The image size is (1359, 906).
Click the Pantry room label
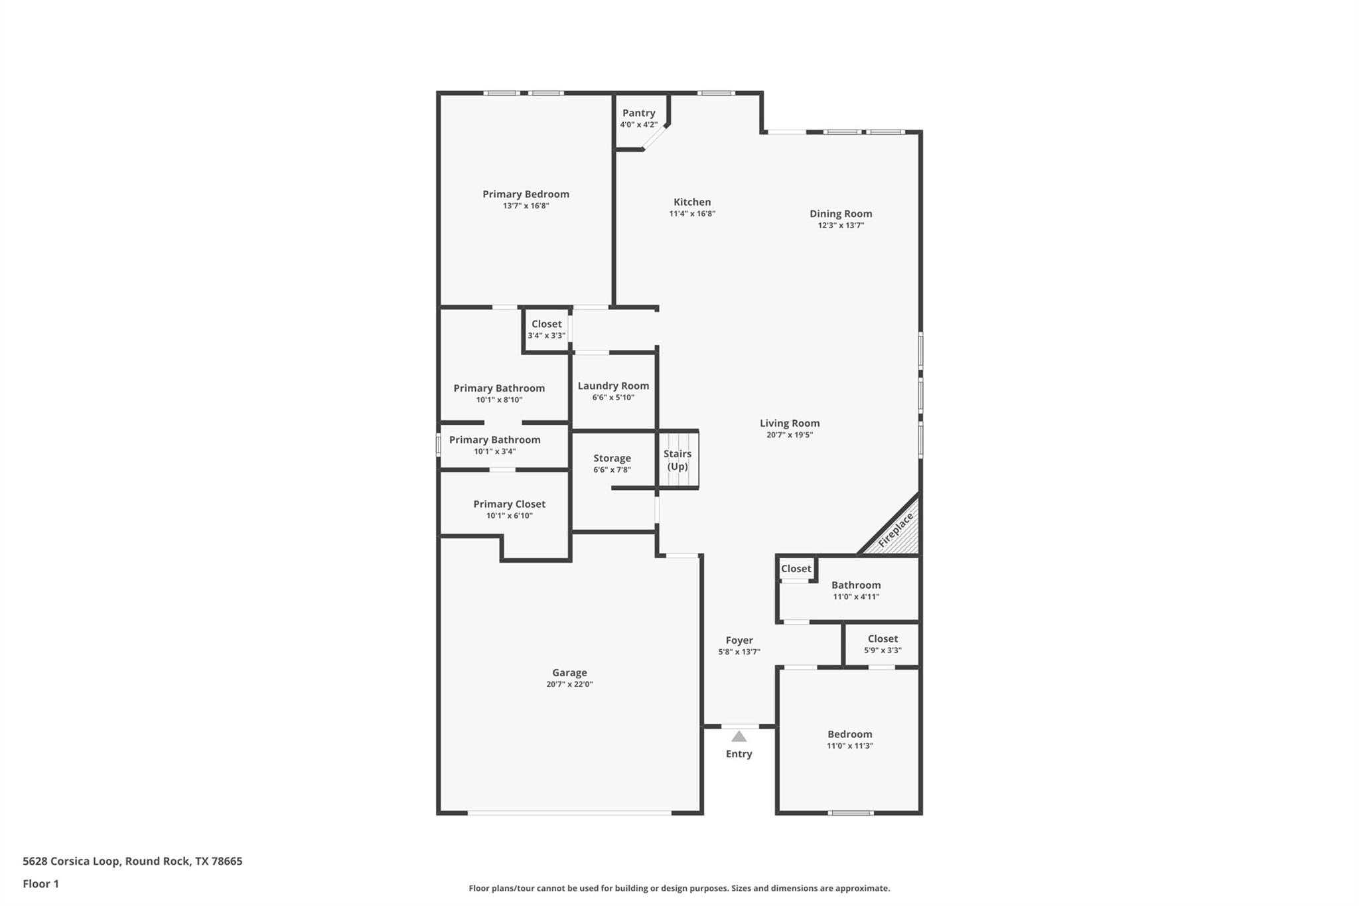coord(638,113)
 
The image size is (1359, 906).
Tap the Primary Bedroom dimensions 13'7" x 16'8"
coord(526,206)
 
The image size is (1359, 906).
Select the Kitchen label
coord(692,202)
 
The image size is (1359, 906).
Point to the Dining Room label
coord(841,214)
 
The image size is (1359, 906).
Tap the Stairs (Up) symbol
coord(678,459)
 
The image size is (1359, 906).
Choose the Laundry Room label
coord(613,386)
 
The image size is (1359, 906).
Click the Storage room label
coord(612,458)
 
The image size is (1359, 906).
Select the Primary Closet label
coord(509,504)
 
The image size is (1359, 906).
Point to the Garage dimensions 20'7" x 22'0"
coord(569,684)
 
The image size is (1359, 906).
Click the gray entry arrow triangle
coord(739,736)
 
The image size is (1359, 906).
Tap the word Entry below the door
coord(739,754)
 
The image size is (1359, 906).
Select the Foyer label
coord(739,641)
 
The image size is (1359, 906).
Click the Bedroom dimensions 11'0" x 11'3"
coord(849,746)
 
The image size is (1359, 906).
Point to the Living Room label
coord(790,423)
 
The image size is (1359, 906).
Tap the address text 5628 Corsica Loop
coord(72,862)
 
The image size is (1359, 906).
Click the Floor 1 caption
coord(40,884)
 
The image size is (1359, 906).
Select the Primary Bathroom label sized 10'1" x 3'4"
coord(495,440)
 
